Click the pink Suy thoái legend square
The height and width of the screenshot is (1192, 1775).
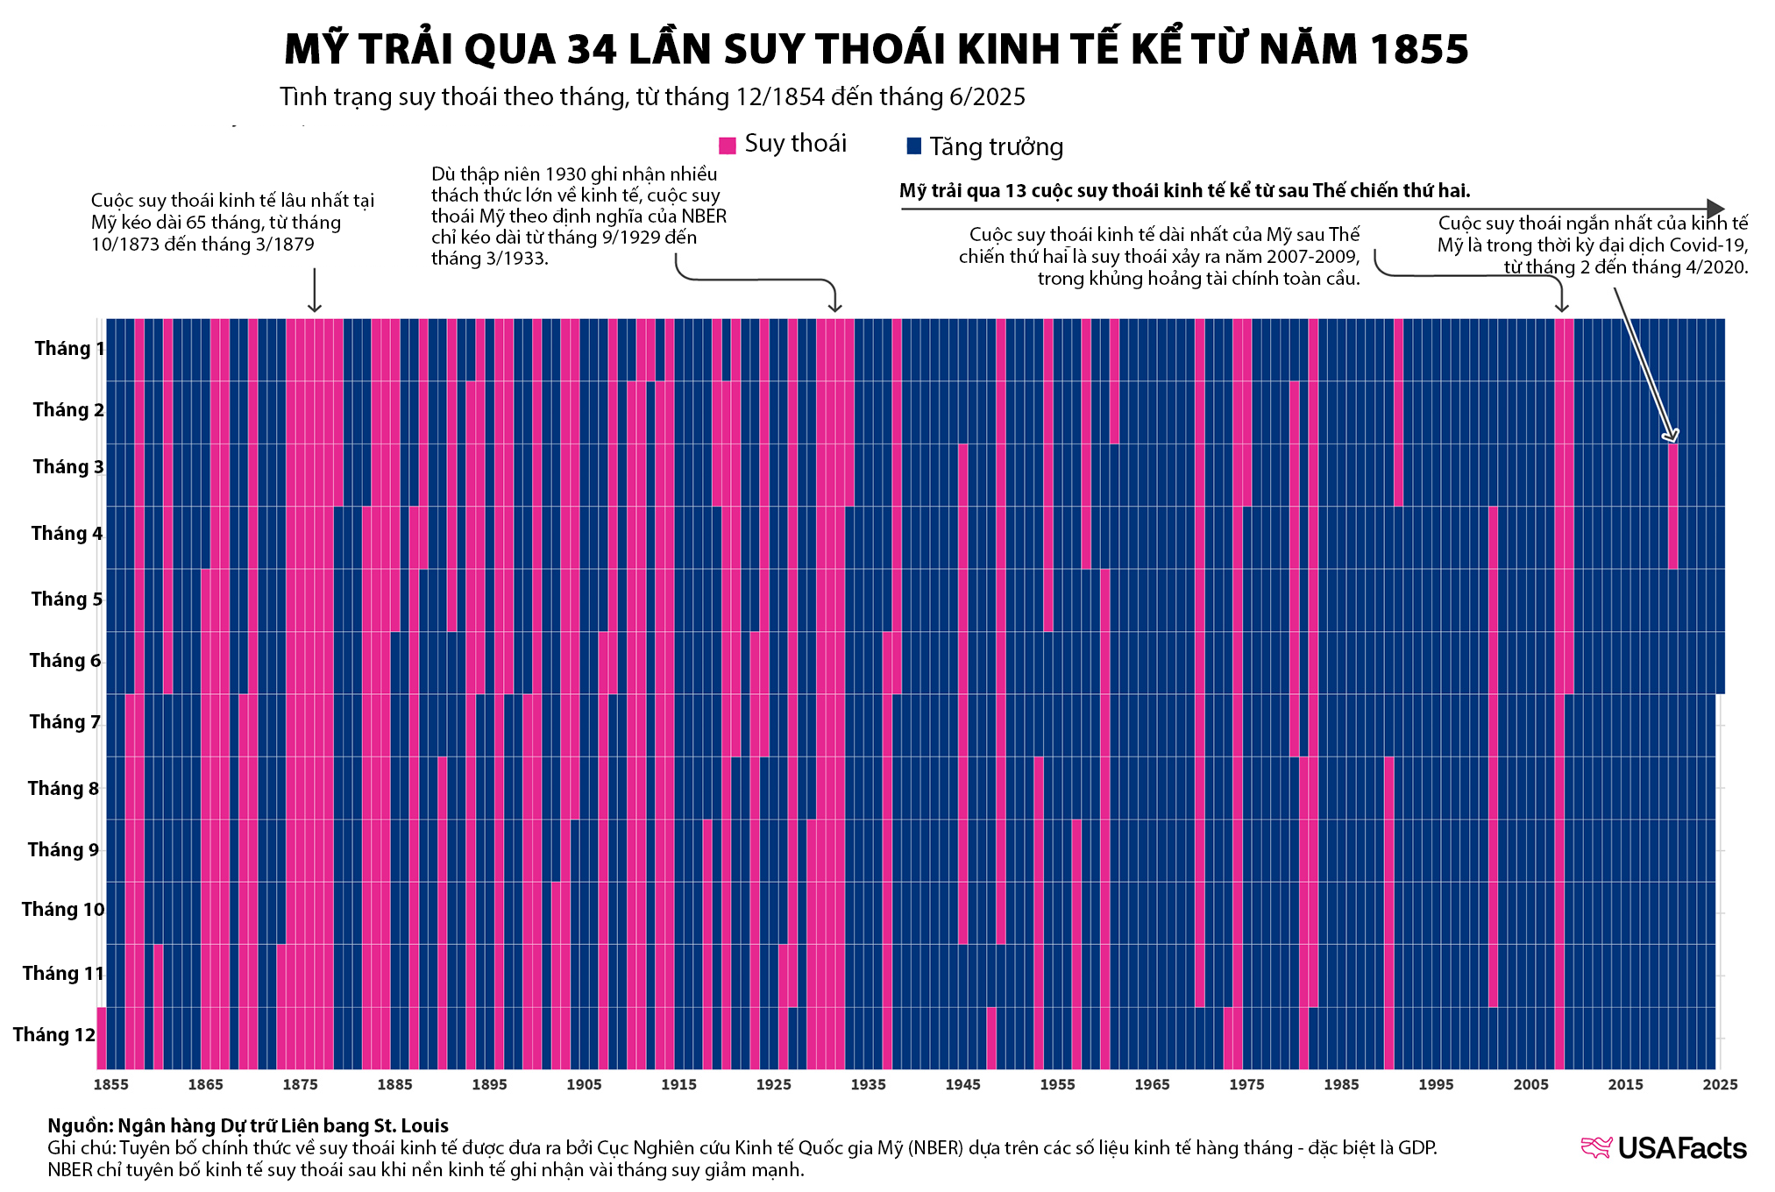727,145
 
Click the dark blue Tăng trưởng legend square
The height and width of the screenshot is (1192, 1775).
914,145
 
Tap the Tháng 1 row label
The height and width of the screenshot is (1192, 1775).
69,349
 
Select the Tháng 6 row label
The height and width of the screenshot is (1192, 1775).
65,661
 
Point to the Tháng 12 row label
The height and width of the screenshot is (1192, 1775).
53,1035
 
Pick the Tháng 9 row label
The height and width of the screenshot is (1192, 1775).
63,850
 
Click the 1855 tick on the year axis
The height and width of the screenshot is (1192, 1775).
111,1084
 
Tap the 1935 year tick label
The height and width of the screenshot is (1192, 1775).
868,1084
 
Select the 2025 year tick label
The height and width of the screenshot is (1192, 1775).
1720,1084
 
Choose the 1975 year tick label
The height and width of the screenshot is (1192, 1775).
1246,1084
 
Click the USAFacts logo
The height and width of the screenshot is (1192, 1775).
1663,1148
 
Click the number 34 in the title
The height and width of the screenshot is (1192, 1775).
592,50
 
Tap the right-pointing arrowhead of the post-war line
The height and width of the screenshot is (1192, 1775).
1716,209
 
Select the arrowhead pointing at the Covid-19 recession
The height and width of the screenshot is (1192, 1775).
1672,436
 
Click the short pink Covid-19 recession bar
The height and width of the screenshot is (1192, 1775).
1672,507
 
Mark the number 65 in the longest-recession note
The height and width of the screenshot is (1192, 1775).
197,223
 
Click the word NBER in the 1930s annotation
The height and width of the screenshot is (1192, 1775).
704,216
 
